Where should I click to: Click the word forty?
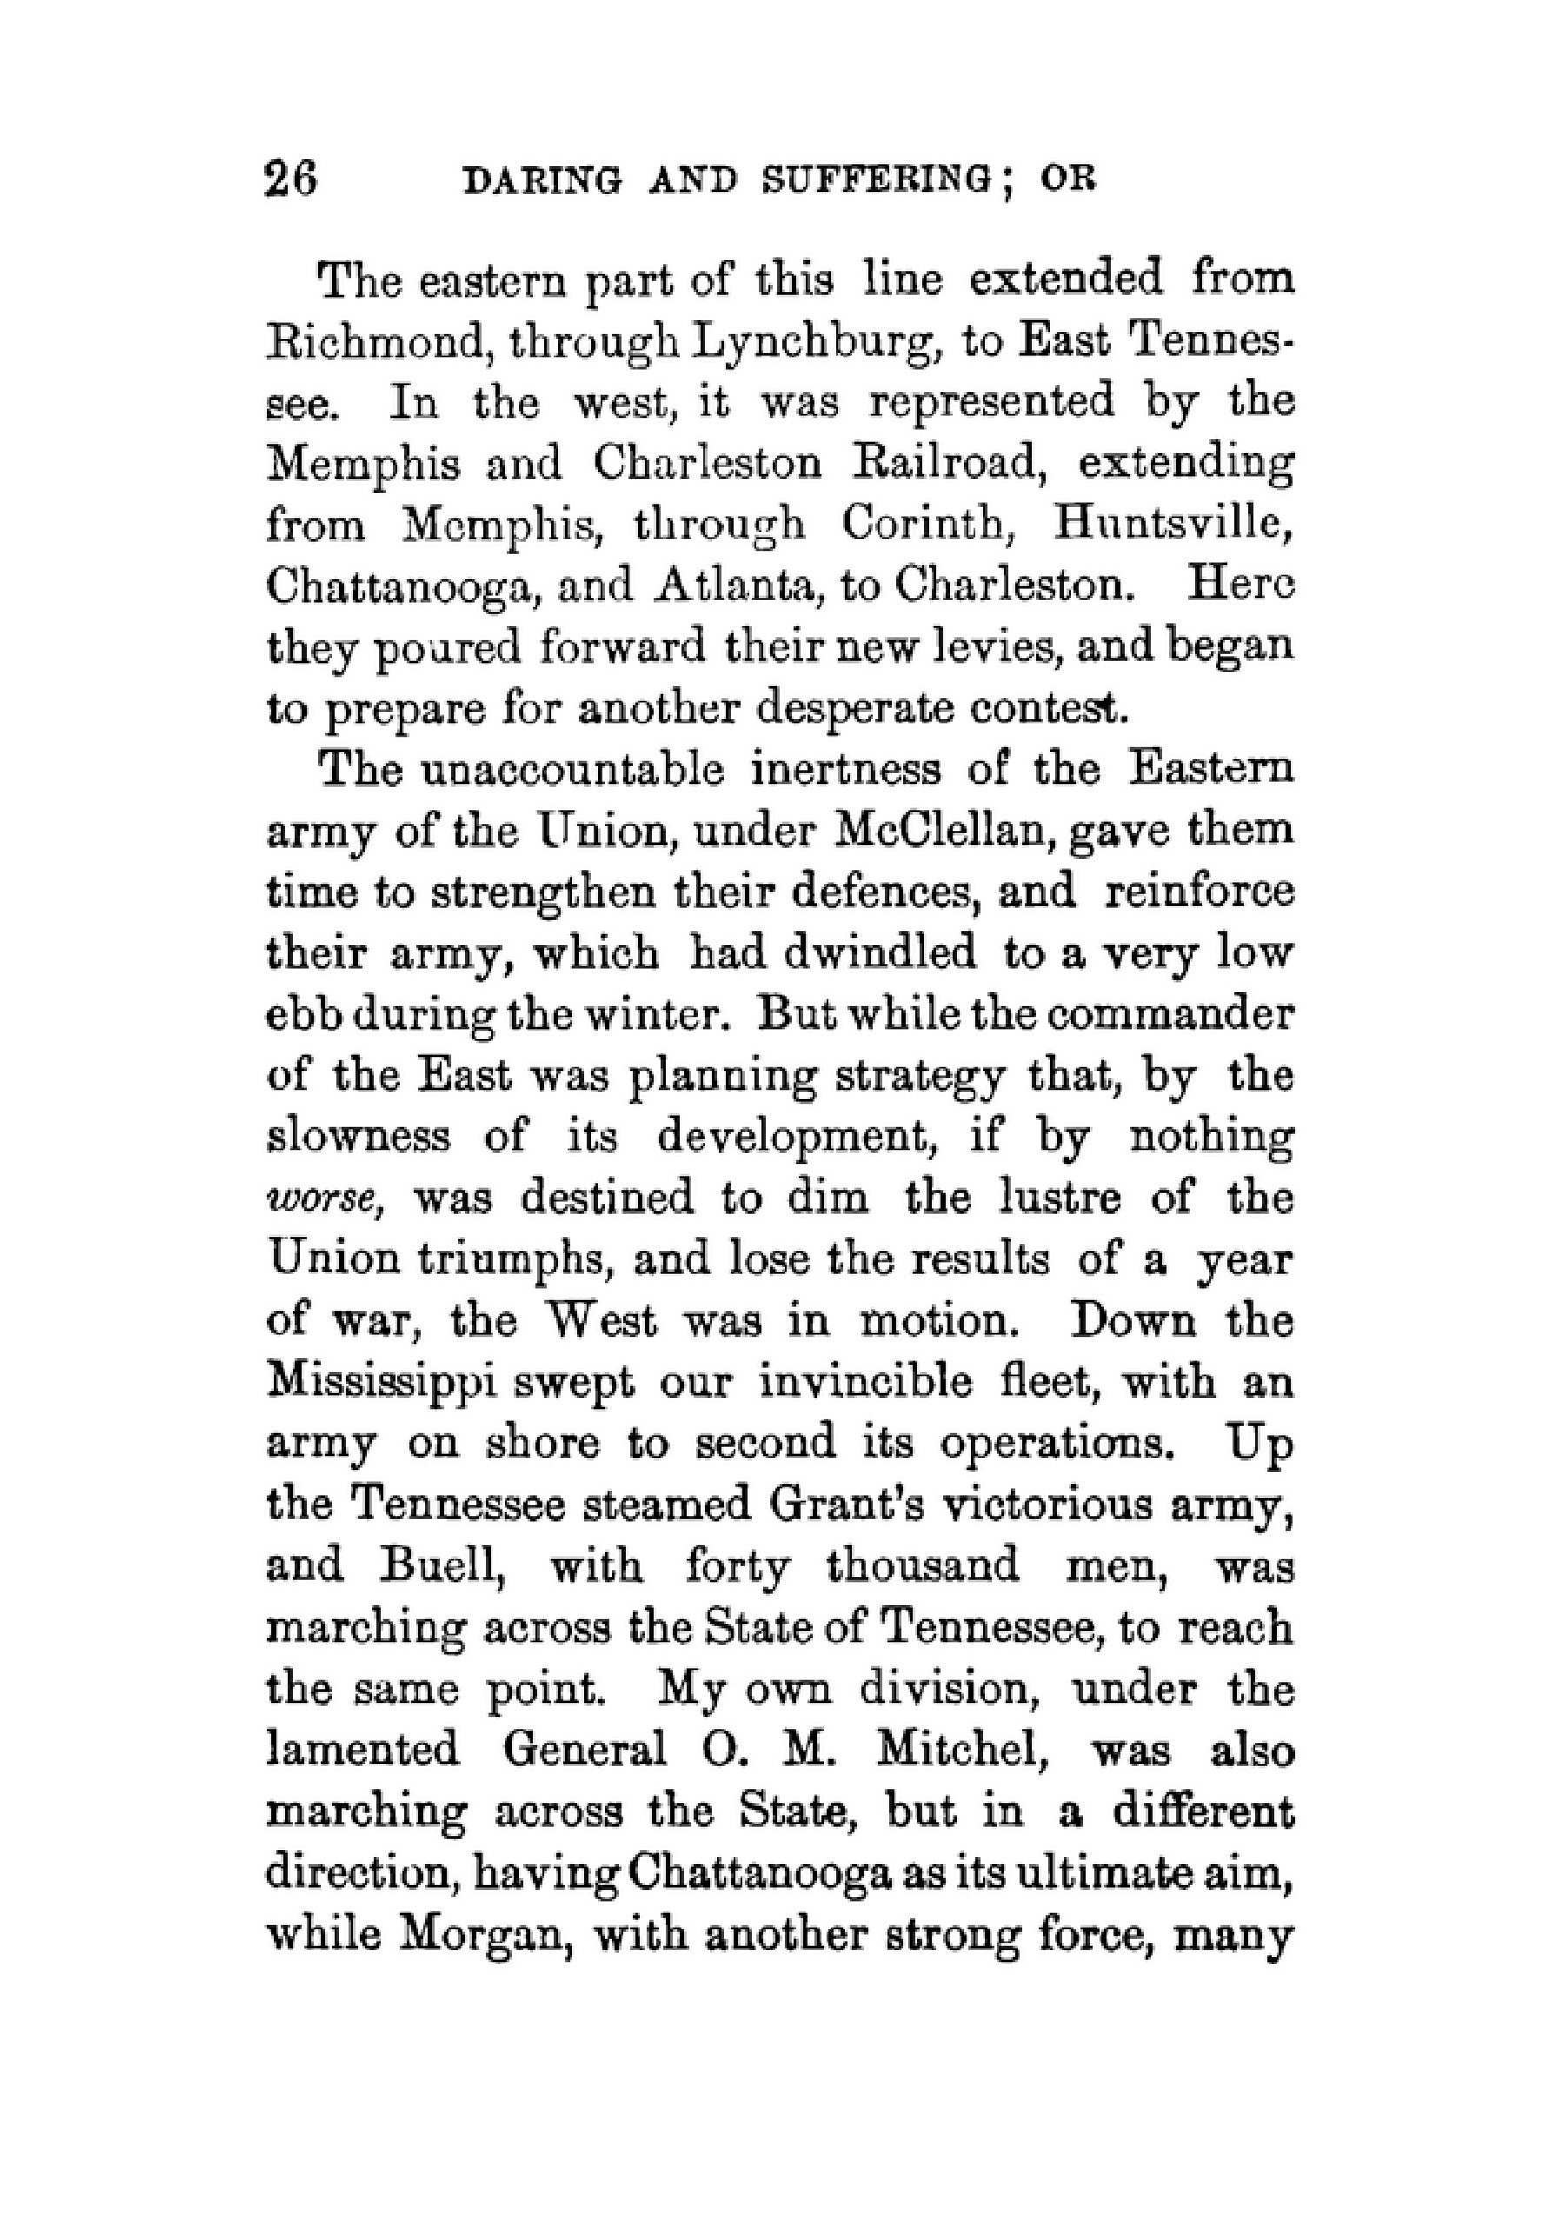click(736, 1569)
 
